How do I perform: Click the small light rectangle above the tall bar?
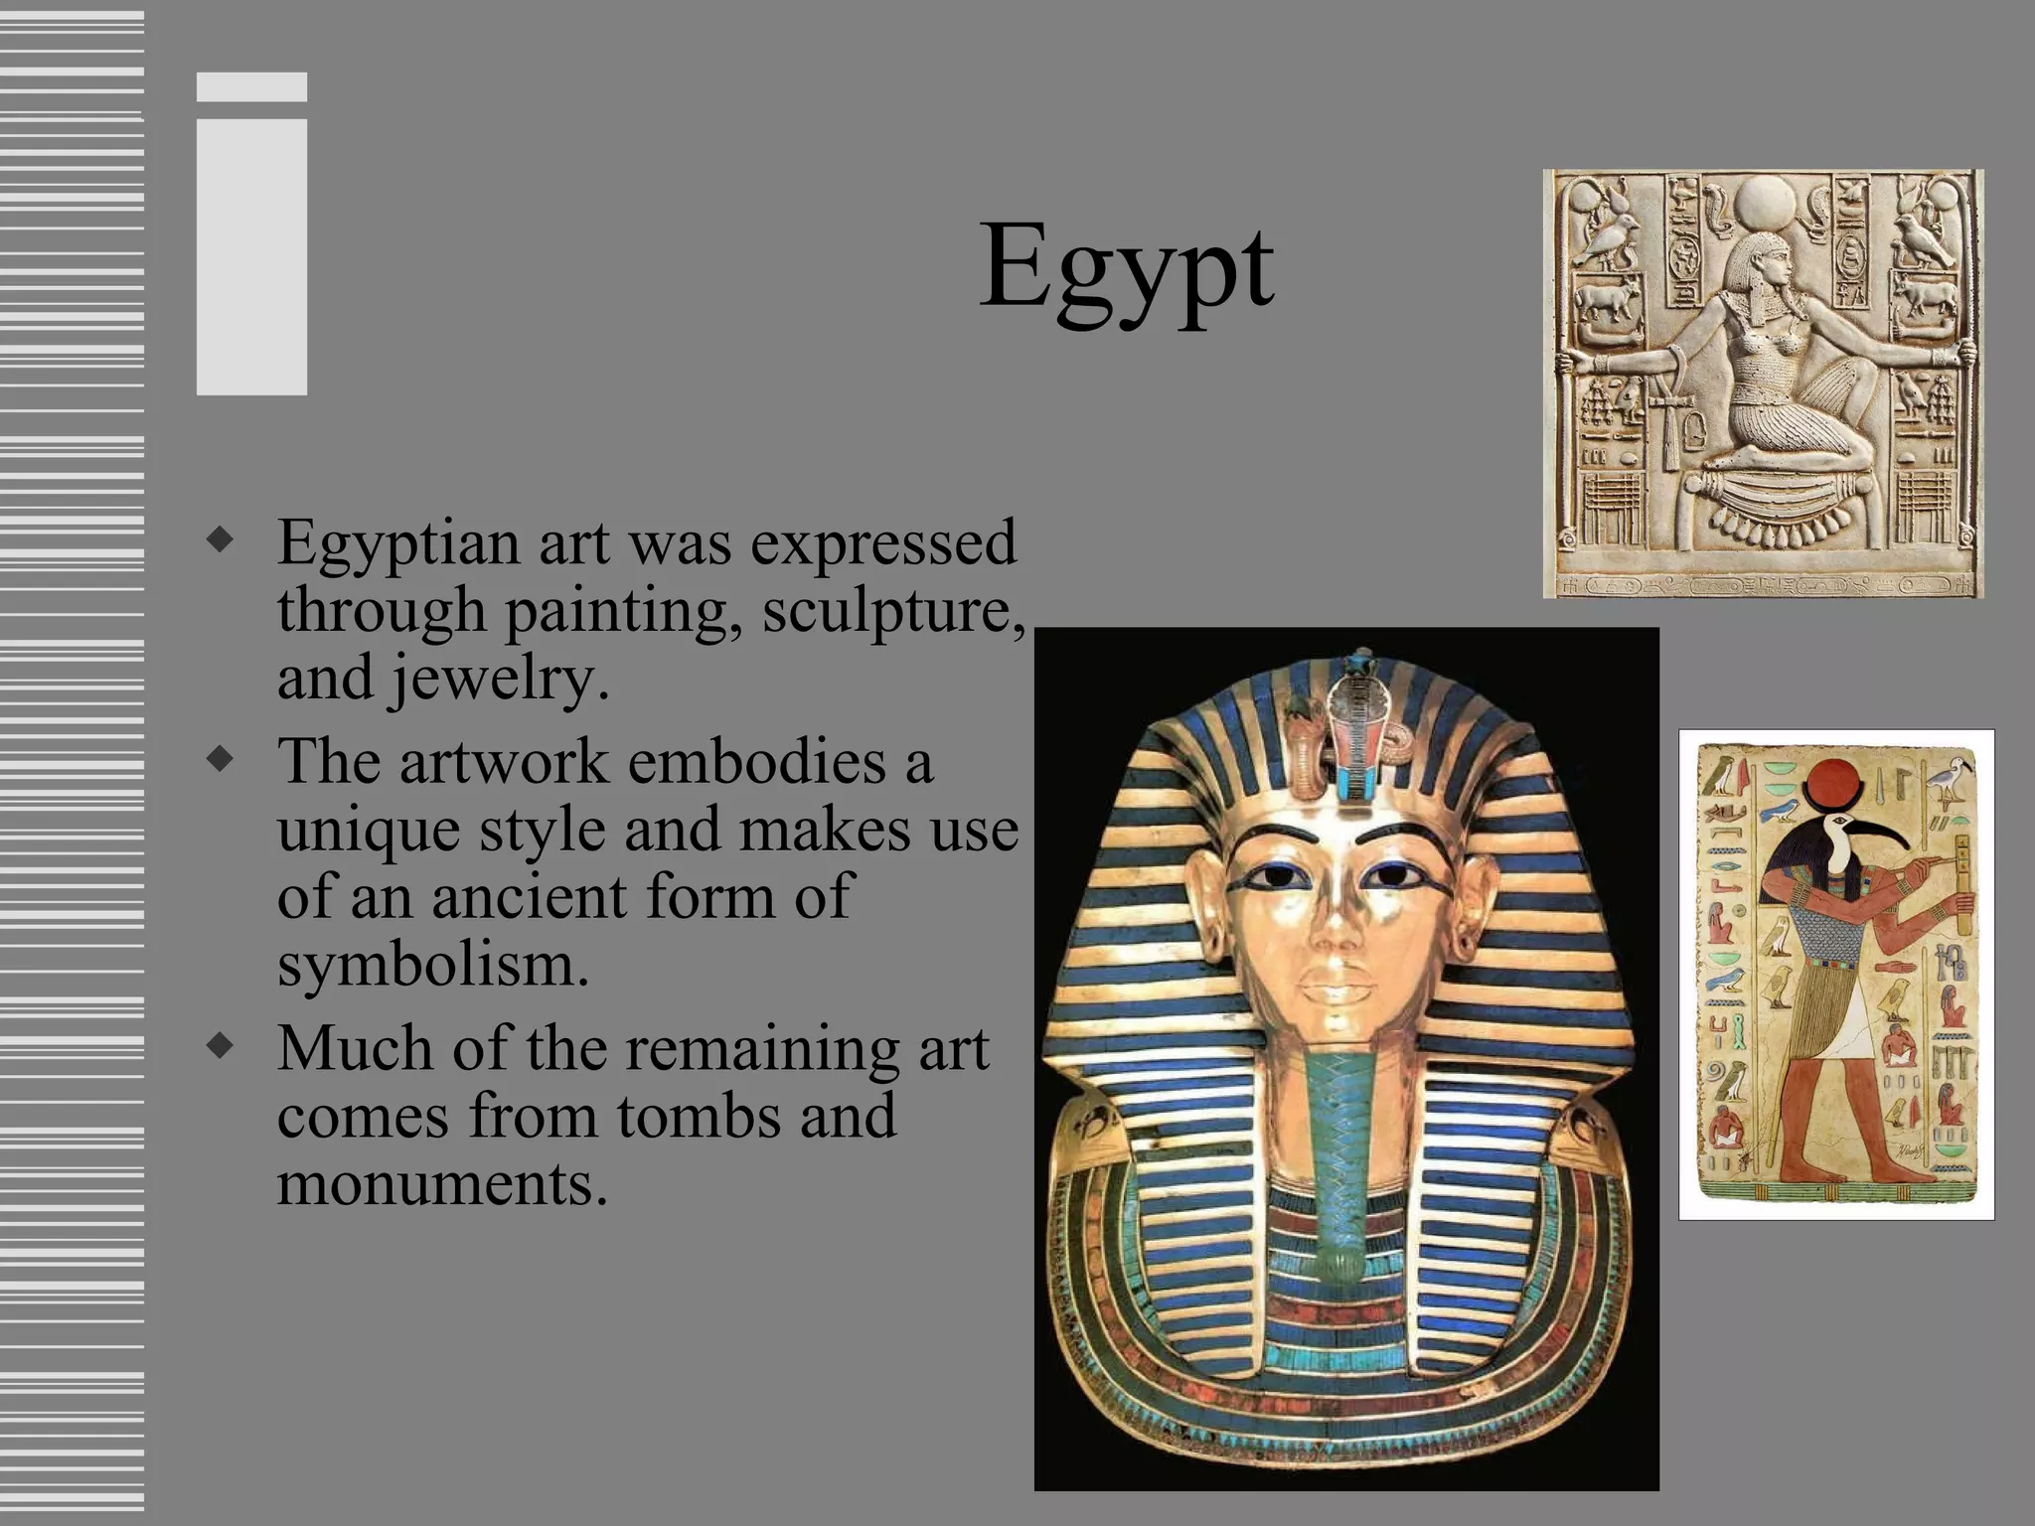point(251,87)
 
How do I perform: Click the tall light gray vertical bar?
point(251,257)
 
